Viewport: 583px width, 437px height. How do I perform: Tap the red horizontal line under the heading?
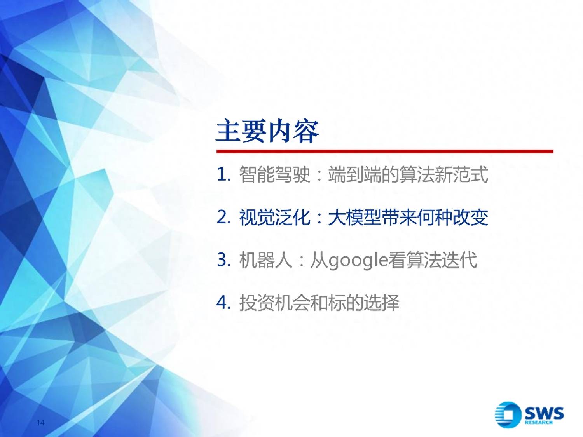385,151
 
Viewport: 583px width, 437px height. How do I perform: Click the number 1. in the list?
223,175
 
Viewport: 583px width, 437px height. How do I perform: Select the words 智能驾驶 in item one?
275,174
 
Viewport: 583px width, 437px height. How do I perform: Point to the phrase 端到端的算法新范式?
408,174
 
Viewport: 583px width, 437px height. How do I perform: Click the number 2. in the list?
223,218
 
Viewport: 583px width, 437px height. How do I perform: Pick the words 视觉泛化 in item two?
275,217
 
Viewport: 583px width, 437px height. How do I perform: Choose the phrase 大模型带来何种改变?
408,217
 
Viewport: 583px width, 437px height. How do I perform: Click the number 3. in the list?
223,260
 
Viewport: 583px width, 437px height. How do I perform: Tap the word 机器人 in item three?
265,260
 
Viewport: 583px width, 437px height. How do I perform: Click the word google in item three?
358,261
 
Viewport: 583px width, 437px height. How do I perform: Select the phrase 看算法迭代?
433,260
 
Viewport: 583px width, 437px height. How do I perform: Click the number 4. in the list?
223,303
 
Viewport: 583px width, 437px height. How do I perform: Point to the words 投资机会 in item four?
275,303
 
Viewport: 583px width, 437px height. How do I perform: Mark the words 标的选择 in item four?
364,303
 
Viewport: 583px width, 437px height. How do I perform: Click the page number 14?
40,422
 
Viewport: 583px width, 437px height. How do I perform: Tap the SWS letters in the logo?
544,413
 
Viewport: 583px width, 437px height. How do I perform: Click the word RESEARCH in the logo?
539,422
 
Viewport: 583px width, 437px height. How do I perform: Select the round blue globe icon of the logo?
508,415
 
